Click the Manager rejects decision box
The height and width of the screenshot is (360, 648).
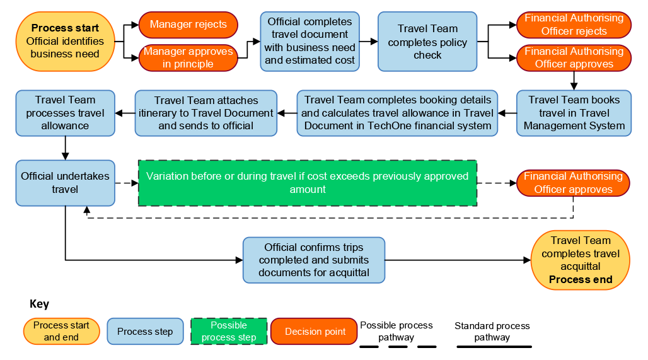point(188,25)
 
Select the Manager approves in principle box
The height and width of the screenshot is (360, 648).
point(188,57)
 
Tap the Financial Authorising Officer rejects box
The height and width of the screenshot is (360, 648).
point(574,25)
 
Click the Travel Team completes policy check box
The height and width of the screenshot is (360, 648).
point(427,42)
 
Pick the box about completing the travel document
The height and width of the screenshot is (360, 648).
point(310,42)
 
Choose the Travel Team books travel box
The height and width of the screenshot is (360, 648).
point(574,113)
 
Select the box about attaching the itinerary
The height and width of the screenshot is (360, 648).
point(205,113)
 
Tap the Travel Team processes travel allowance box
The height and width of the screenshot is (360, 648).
point(65,113)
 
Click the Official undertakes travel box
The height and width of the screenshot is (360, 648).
point(65,183)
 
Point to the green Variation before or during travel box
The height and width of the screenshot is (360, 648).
point(308,183)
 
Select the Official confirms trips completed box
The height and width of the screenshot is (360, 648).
point(314,260)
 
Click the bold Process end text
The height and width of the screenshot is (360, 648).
point(581,279)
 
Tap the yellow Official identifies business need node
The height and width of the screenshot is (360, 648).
point(65,42)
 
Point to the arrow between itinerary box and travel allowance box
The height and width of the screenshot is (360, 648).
point(125,113)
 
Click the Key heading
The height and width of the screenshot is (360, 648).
point(39,304)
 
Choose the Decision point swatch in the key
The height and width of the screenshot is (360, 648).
point(315,332)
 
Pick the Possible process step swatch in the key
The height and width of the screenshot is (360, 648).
point(229,331)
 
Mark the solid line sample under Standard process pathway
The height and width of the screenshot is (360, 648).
point(494,346)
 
